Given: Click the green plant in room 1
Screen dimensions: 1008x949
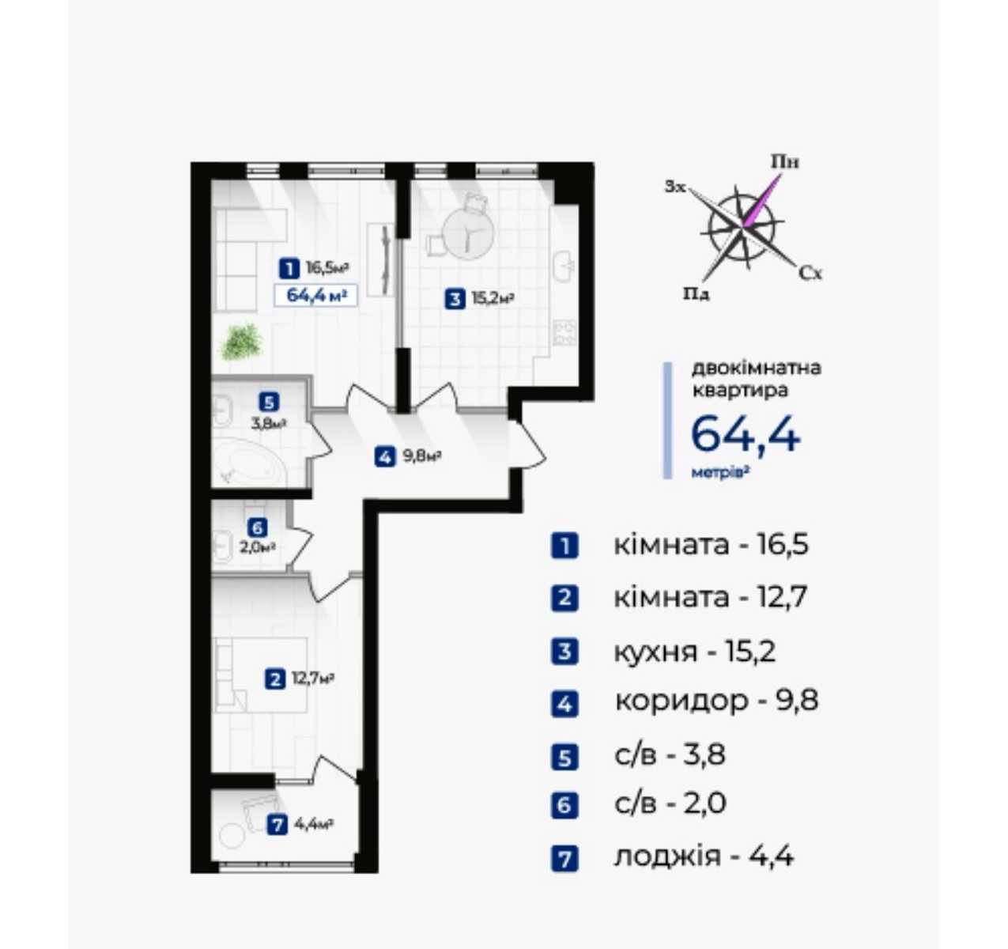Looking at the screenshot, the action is coord(242,342).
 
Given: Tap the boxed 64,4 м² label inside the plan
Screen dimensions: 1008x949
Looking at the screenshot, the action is coord(315,296).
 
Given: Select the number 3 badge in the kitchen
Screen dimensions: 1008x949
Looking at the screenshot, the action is coord(455,299).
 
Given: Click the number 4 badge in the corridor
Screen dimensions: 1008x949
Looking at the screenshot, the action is coord(385,457).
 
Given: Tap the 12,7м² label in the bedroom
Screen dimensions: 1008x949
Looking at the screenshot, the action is coord(312,679).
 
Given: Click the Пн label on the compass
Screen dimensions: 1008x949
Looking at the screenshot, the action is coord(785,162).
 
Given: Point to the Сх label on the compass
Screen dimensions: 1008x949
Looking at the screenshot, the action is coord(810,274).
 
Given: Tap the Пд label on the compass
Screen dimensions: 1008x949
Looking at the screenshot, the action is coord(696,294).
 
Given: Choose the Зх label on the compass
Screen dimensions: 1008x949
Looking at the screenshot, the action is coord(675,187).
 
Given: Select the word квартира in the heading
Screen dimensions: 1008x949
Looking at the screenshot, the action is coord(740,391).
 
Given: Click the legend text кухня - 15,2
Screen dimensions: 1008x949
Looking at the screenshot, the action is coord(695,652).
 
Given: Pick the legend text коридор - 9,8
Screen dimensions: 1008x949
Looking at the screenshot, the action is coord(716,701).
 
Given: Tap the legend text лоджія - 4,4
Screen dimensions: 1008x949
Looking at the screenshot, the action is coord(704,857).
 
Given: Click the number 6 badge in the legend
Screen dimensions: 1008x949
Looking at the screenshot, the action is coord(564,805).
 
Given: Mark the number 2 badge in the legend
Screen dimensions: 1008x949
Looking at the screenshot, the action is coord(564,598).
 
